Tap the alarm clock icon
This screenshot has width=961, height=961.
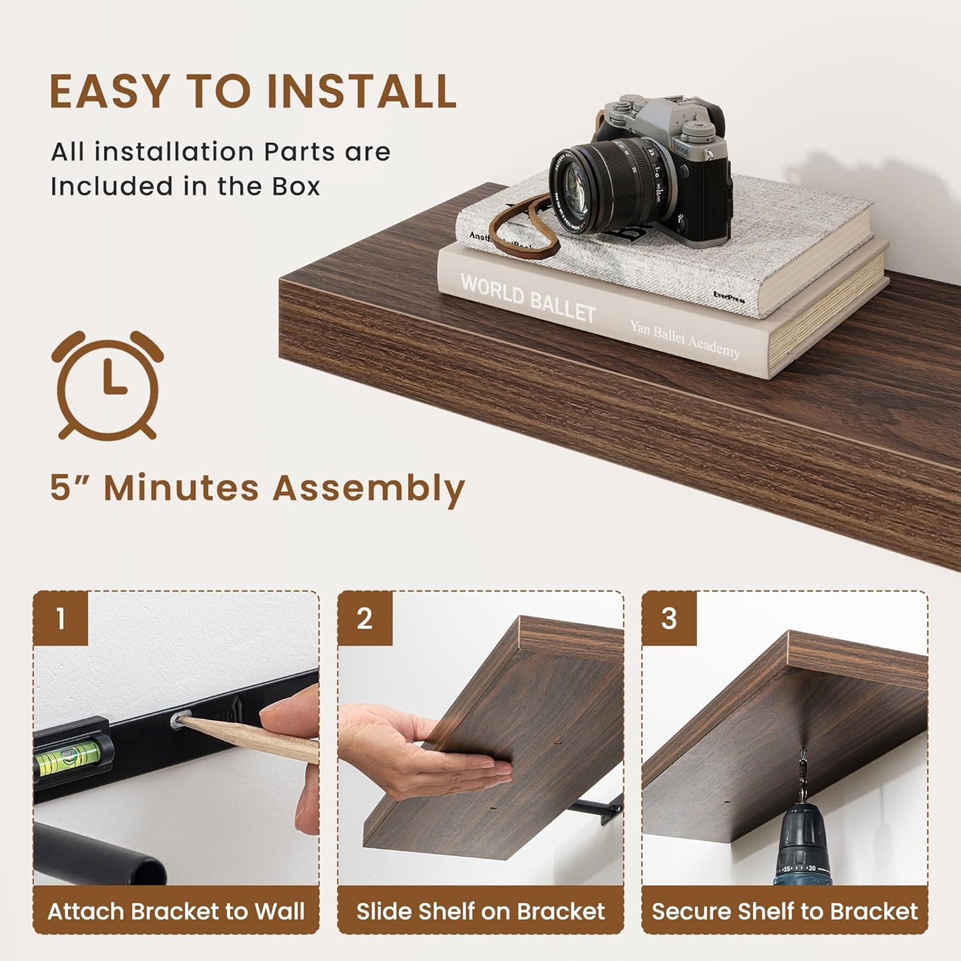coord(108,386)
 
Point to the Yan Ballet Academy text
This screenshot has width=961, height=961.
coord(684,339)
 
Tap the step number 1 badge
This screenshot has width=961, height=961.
coord(61,618)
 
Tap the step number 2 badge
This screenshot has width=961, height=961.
coord(364,618)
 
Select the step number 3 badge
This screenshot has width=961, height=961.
coord(669,618)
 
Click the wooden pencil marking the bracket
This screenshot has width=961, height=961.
coord(253,739)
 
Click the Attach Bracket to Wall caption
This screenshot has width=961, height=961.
coord(176,910)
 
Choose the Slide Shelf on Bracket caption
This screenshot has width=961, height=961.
coord(480,910)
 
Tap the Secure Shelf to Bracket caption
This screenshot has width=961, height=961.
coord(785,910)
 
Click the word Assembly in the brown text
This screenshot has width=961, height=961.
coord(368,489)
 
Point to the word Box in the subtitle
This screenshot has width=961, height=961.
coord(296,187)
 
